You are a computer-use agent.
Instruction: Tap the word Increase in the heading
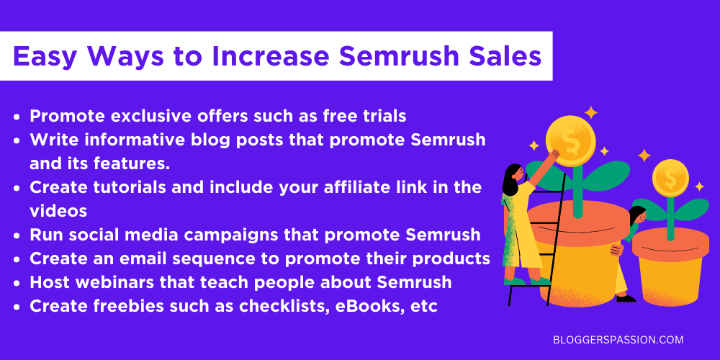(x=266, y=56)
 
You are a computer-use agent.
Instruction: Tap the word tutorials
(x=121, y=187)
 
